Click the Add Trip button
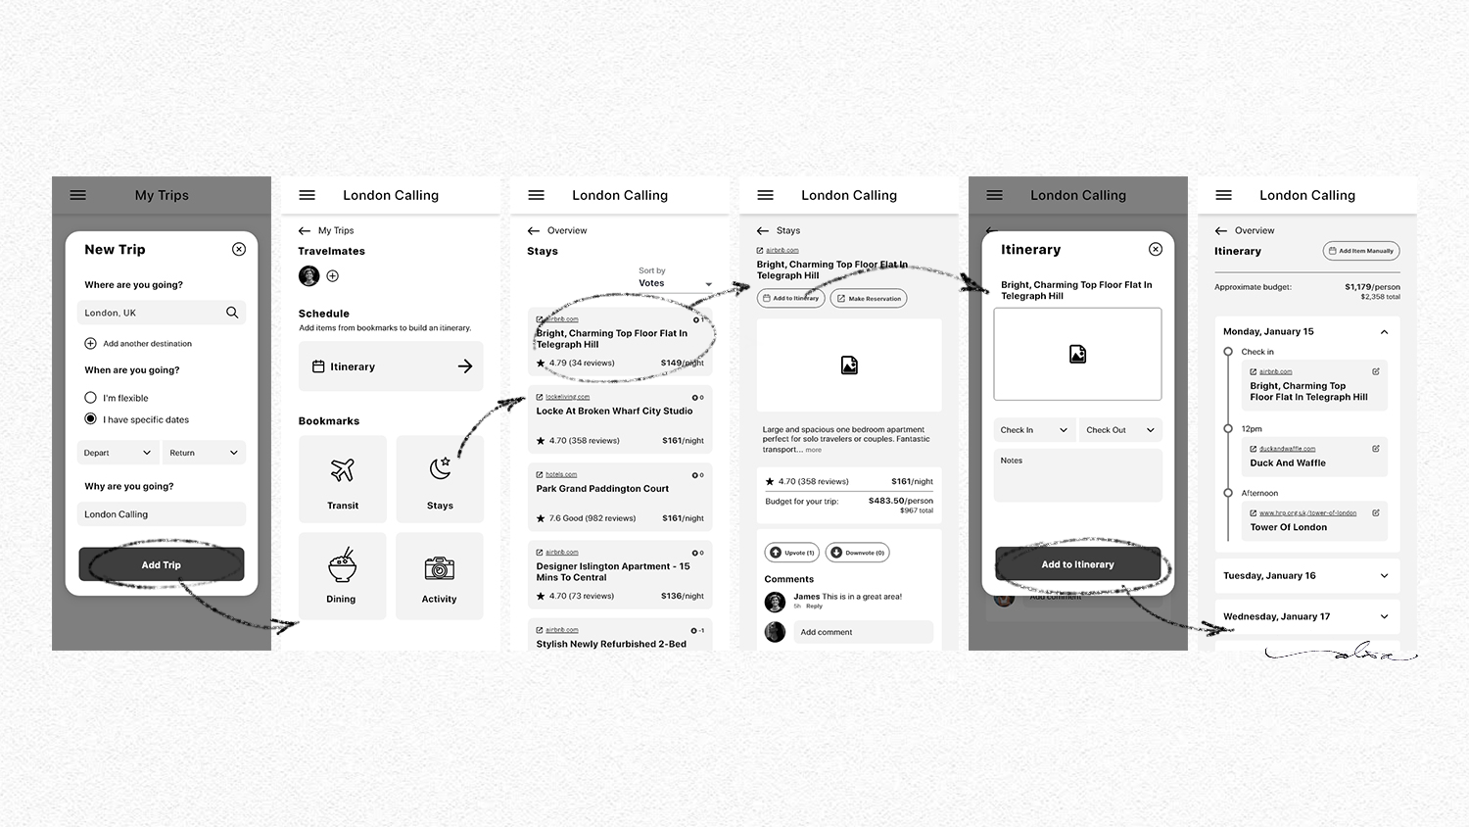(161, 564)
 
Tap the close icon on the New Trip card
(239, 249)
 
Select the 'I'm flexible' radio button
(91, 398)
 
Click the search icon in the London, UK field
(232, 313)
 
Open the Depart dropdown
(118, 453)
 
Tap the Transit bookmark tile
(343, 478)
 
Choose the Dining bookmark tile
(342, 575)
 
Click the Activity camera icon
(439, 568)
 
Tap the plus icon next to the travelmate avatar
(333, 276)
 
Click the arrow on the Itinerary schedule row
(465, 366)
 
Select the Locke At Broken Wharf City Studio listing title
(614, 412)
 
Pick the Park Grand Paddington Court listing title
(602, 489)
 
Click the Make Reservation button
(869, 298)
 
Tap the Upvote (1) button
(793, 553)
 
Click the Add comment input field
(862, 632)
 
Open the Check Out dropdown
(1120, 430)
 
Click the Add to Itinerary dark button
(1077, 564)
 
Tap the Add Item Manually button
(1361, 251)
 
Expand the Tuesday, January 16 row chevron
(1384, 576)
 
